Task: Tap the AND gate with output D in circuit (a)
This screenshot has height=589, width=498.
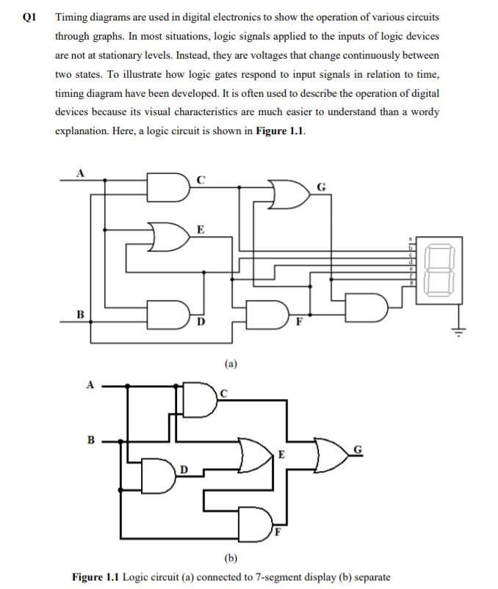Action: click(x=165, y=313)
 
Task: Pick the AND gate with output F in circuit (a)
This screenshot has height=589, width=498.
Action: click(x=265, y=313)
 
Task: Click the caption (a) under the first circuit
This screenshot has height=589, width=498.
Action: click(x=231, y=362)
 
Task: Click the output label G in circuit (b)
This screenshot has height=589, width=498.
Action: click(x=358, y=450)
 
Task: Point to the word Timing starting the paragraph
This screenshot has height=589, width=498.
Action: click(x=73, y=16)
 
